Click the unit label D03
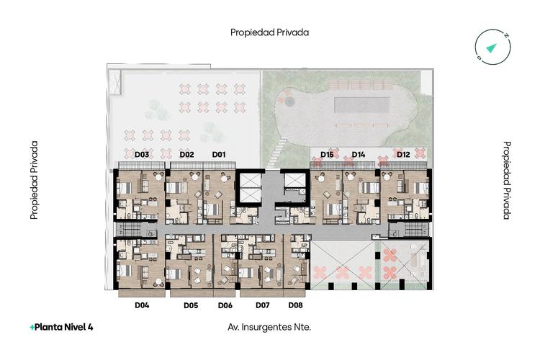point(142,154)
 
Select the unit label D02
point(186,154)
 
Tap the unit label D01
point(219,154)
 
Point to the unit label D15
point(327,154)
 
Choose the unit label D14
point(358,154)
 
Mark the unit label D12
point(403,154)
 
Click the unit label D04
point(142,305)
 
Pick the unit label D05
point(191,305)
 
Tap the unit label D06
point(225,305)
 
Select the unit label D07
point(262,305)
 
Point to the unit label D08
point(295,305)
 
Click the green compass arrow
point(492,48)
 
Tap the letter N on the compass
point(505,36)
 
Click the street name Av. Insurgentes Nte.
point(269,327)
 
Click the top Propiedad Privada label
point(270,32)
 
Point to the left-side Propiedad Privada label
point(34,180)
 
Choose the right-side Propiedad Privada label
point(507,180)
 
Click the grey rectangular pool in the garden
point(362,104)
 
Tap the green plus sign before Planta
point(32,328)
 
